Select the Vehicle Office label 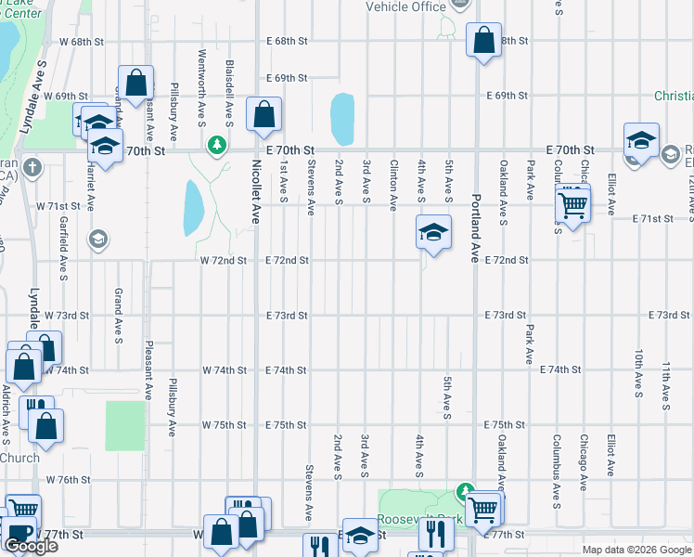coord(406,6)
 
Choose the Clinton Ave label coord(393,182)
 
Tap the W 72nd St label coord(224,260)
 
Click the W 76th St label coord(67,480)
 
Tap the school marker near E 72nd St coord(433,233)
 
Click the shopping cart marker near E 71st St coord(572,204)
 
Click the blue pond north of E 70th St coord(342,119)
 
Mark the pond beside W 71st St coord(193,208)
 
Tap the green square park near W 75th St coord(125,423)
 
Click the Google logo coord(30,546)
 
